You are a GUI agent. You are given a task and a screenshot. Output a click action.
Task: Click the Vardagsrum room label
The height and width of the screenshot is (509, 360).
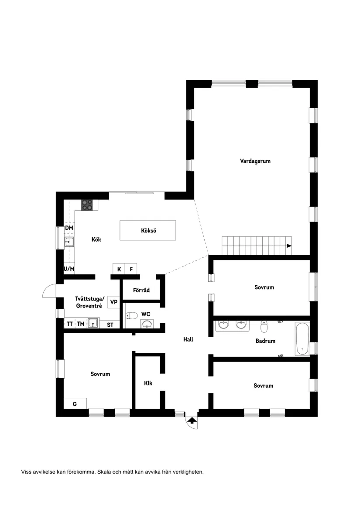click(255, 161)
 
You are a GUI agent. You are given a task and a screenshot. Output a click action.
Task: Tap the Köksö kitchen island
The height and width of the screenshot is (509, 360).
click(148, 230)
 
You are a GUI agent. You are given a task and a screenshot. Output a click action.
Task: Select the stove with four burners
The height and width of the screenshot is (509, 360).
click(87, 205)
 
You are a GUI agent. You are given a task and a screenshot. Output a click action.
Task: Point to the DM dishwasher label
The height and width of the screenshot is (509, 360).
click(69, 228)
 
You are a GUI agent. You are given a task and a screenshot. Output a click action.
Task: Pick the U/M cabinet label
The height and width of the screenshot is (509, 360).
click(69, 269)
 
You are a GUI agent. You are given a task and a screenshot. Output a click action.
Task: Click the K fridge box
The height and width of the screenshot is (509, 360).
click(119, 269)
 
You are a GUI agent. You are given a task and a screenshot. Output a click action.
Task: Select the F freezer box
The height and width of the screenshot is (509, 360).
click(131, 269)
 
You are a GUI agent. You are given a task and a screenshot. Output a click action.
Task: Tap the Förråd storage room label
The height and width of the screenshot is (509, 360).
click(141, 290)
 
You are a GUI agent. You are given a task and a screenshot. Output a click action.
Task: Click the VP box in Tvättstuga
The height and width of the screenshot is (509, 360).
click(113, 302)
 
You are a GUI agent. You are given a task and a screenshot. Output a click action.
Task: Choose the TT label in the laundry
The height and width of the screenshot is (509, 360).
click(70, 324)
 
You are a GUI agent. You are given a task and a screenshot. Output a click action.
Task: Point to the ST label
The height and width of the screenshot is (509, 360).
click(110, 325)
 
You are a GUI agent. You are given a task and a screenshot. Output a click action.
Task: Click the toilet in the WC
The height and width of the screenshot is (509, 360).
click(132, 315)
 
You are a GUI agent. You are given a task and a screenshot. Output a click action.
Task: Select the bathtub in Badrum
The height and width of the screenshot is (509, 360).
click(302, 338)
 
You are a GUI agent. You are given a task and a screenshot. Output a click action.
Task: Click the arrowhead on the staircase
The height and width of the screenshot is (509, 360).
click(289, 246)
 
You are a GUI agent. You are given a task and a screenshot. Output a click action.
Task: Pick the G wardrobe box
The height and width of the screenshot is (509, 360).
click(75, 404)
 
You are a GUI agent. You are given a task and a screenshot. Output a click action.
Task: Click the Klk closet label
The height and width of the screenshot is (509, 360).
click(148, 383)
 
